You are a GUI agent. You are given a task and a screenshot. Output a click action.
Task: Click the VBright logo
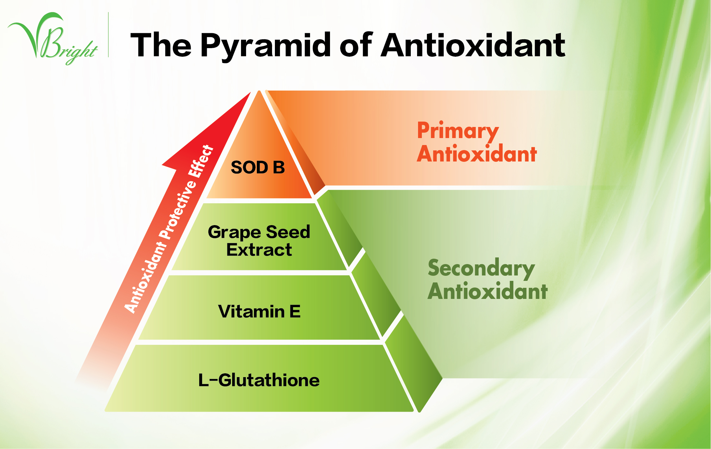coord(53,38)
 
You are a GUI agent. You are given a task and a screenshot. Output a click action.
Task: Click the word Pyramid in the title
coord(266,46)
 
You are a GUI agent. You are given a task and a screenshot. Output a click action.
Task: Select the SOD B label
coord(258,167)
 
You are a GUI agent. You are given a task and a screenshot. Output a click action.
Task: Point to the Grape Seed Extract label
coord(259,241)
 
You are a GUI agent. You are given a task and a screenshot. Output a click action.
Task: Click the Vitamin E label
coord(259,311)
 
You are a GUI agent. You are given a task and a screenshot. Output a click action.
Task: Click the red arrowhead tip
coord(251,92)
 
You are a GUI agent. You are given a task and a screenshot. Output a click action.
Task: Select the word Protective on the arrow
coord(178,210)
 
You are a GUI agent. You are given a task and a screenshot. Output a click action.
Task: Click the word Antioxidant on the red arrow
coord(145,277)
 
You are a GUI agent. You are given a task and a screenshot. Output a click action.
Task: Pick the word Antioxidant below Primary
coord(477,154)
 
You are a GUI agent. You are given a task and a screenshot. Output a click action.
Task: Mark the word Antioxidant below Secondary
coord(487,291)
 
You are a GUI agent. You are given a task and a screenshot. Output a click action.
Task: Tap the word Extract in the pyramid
coord(259,250)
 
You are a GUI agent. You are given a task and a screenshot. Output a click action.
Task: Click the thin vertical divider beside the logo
coord(108,35)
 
